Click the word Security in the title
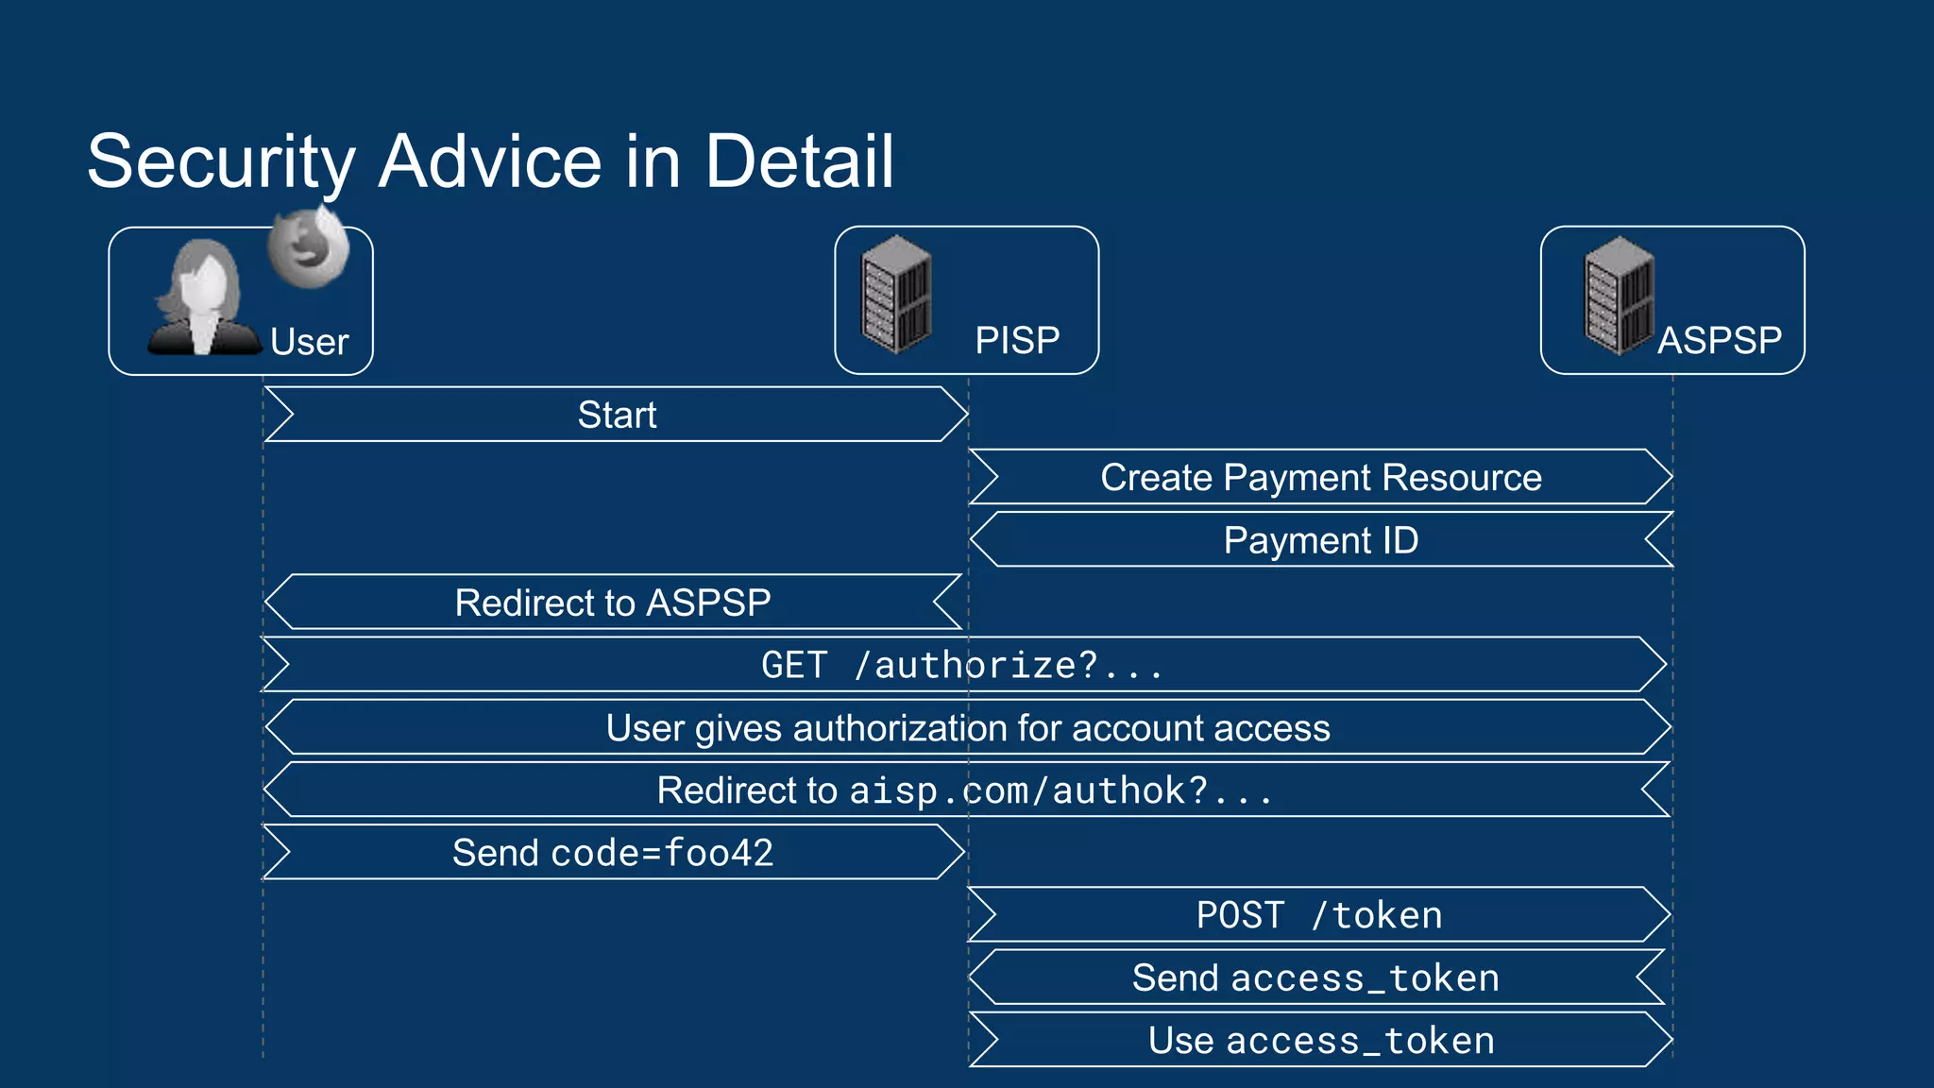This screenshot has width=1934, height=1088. point(220,162)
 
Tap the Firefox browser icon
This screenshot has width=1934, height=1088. point(308,248)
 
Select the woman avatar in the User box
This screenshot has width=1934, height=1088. point(203,299)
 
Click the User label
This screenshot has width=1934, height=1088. point(309,342)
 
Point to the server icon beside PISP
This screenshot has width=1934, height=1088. point(896,295)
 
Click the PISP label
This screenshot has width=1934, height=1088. point(1017,340)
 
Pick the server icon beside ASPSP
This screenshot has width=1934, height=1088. point(1620,295)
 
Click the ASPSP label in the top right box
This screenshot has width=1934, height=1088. point(1720,340)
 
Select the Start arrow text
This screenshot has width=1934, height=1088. point(617,415)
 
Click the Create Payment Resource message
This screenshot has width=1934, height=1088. point(1320,478)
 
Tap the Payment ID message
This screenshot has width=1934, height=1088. point(1320,540)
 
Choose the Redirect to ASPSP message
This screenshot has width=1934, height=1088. point(613,603)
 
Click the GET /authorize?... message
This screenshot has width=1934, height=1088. point(962,666)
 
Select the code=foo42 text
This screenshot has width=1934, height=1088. point(662,853)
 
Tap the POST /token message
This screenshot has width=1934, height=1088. point(1319,915)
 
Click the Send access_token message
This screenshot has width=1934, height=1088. point(1315,978)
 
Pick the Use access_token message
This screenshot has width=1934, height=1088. point(1320,1041)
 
